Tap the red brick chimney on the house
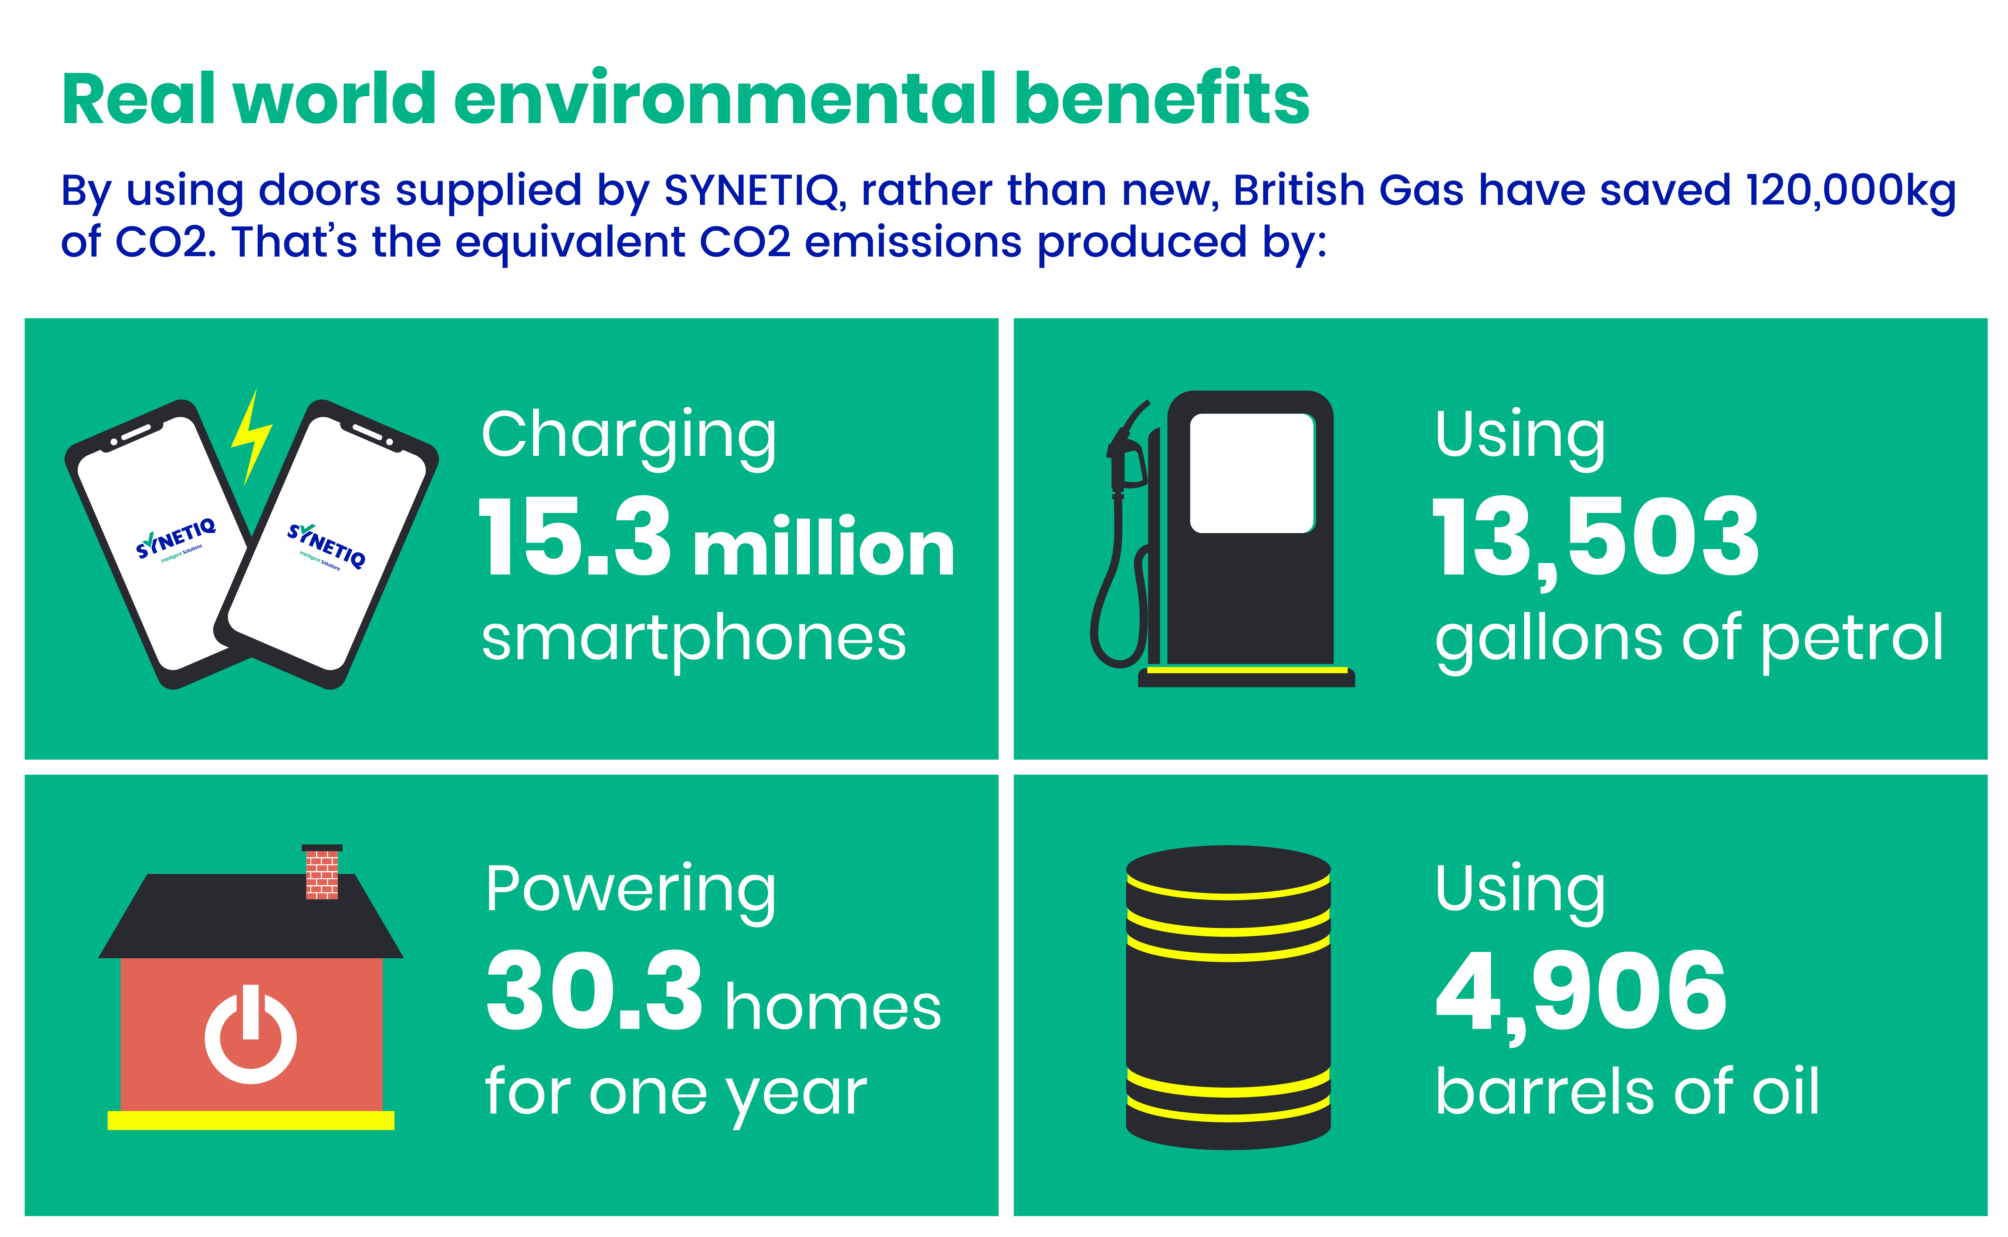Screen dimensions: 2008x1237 pyautogui.click(x=322, y=872)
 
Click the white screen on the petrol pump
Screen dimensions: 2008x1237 pyautogui.click(x=1251, y=473)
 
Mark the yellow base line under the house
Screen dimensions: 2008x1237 pyautogui.click(x=250, y=1120)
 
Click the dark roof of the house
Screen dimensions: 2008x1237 pyautogui.click(x=250, y=915)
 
